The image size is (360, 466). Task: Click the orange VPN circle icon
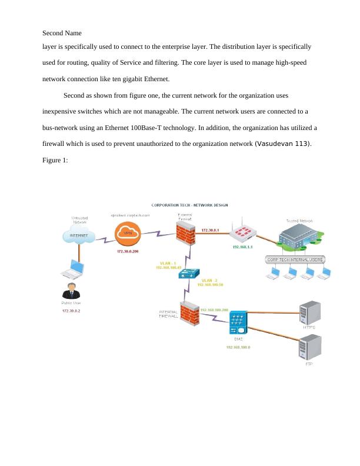pyautogui.click(x=127, y=234)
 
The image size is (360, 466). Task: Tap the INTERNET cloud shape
pyautogui.click(x=79, y=235)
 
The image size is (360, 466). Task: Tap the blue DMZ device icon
pyautogui.click(x=238, y=323)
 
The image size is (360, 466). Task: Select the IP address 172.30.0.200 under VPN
pyautogui.click(x=127, y=252)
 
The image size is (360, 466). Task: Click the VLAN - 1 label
pyautogui.click(x=168, y=262)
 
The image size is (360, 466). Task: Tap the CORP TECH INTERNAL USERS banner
pyautogui.click(x=295, y=259)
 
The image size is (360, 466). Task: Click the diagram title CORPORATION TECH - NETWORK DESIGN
pyautogui.click(x=189, y=205)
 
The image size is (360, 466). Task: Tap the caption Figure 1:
pyautogui.click(x=55, y=159)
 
